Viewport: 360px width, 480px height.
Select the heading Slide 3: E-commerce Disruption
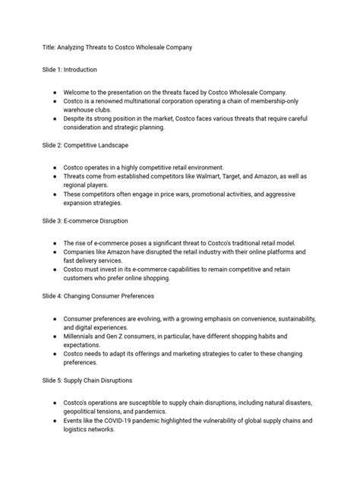point(85,220)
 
